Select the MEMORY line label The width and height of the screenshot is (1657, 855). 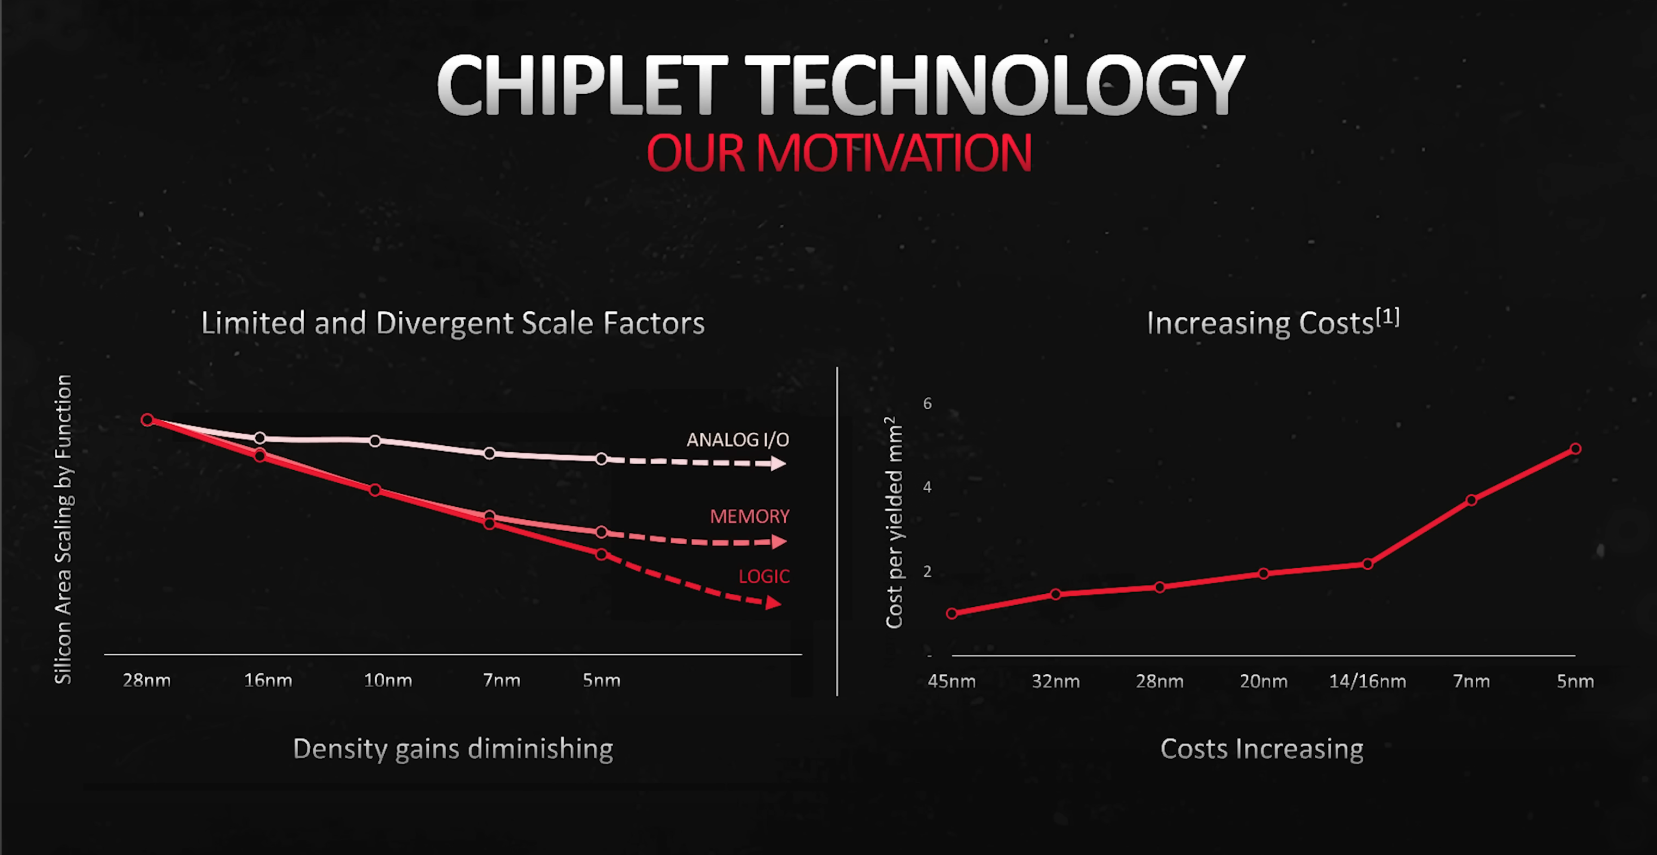pyautogui.click(x=749, y=516)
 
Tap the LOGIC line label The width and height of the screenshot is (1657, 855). pyautogui.click(x=763, y=576)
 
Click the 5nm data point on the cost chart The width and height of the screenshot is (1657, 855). pyautogui.click(x=1575, y=448)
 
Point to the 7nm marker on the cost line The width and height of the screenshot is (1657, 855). pyautogui.click(x=1471, y=500)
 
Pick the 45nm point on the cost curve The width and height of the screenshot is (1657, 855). pyautogui.click(x=951, y=613)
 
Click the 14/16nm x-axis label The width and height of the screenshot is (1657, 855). pyautogui.click(x=1367, y=681)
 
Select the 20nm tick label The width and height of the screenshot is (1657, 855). pyautogui.click(x=1264, y=681)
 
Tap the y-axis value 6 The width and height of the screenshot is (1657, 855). pyautogui.click(x=927, y=403)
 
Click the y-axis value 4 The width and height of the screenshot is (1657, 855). pyautogui.click(x=927, y=487)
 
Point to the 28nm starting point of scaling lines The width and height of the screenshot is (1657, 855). pyautogui.click(x=147, y=420)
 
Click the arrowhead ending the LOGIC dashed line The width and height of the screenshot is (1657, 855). pyautogui.click(x=774, y=603)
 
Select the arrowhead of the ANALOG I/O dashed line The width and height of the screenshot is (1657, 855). pyautogui.click(x=778, y=463)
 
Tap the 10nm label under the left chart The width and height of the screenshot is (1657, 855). pyautogui.click(x=388, y=680)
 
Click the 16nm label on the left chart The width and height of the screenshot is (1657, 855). pyautogui.click(x=268, y=680)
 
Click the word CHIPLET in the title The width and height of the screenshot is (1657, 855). pyautogui.click(x=582, y=85)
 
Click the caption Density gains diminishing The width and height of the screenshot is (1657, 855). pyautogui.click(x=453, y=748)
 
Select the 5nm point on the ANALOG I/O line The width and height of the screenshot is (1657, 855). pyautogui.click(x=601, y=459)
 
